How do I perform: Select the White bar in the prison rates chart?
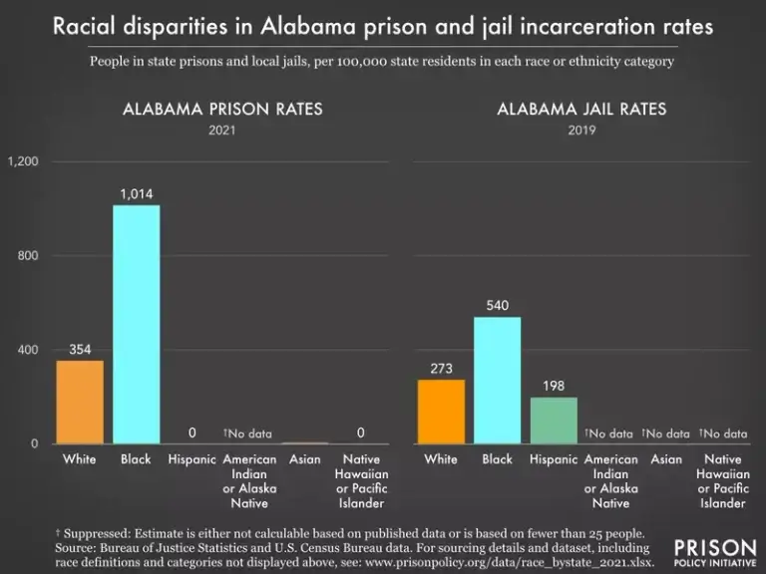[79, 402]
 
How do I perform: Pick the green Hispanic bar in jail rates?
[554, 420]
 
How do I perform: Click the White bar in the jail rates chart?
[440, 411]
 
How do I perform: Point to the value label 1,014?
[137, 193]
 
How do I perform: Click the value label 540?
[498, 304]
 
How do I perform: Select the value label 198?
[554, 385]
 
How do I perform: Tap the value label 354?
[80, 349]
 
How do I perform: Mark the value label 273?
[440, 368]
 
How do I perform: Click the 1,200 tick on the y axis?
[22, 161]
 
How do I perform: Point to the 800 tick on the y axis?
[27, 256]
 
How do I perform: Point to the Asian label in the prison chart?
[305, 459]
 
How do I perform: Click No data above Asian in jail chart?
[666, 433]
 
